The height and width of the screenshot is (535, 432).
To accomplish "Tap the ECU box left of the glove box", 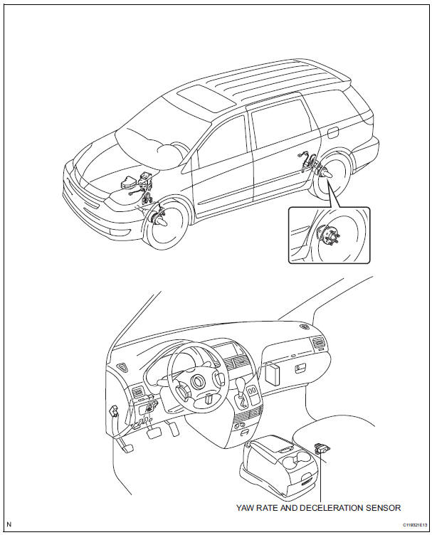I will [x=274, y=375].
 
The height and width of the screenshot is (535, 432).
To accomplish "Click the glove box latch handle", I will [x=300, y=369].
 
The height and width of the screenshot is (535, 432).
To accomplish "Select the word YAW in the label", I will [x=246, y=507].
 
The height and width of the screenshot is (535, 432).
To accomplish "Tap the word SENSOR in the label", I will [x=383, y=507].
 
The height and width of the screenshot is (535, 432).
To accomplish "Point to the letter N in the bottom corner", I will [x=9, y=525].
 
